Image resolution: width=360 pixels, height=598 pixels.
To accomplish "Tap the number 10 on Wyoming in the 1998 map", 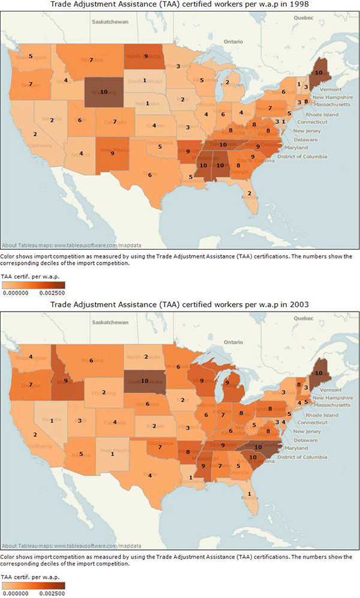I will pyautogui.click(x=104, y=92).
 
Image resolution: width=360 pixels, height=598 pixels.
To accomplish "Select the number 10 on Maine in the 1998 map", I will pyautogui.click(x=318, y=71).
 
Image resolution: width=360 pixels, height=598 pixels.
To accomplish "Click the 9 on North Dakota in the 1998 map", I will pyautogui.click(x=146, y=56).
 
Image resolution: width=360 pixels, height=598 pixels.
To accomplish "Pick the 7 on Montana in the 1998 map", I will pyautogui.click(x=91, y=60).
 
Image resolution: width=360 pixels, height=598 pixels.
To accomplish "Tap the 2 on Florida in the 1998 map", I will pyautogui.click(x=249, y=193).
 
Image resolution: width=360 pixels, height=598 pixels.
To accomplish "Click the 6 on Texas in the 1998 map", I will pyautogui.click(x=149, y=175).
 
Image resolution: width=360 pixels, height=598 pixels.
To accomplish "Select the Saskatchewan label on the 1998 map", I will pyautogui.click(x=111, y=22).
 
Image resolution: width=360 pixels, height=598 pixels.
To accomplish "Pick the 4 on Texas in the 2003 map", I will pyautogui.click(x=150, y=476).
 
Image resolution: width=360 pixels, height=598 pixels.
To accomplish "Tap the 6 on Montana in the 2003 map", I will pyautogui.click(x=91, y=360).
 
